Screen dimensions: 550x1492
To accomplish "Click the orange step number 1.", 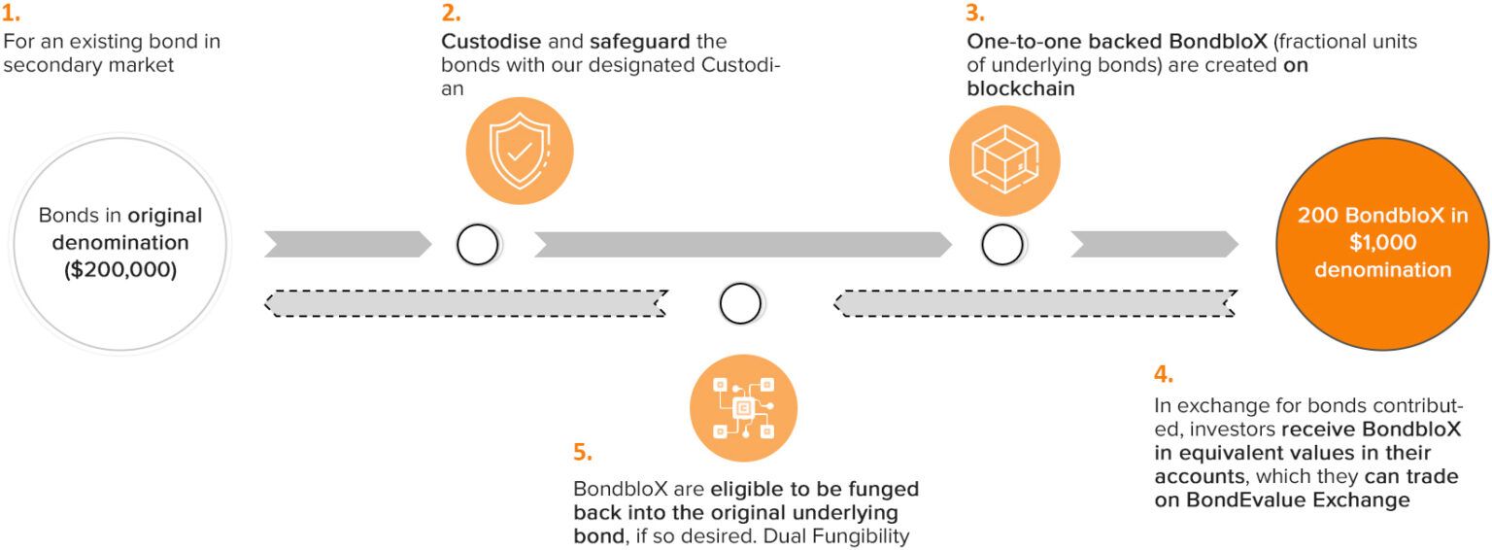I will [x=11, y=14].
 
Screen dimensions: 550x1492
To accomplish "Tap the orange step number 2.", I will [x=451, y=14].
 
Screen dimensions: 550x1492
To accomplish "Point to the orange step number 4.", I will [x=1164, y=375].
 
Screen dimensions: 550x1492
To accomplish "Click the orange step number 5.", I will [x=582, y=453].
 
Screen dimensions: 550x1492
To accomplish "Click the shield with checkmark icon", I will [x=519, y=152].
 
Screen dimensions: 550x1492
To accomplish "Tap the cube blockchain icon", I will [x=1004, y=159].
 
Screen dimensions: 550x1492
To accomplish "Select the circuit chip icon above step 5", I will [x=743, y=407].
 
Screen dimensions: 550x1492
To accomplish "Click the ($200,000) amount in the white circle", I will [x=120, y=270].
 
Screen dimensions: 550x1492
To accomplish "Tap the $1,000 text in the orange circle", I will [x=1382, y=243].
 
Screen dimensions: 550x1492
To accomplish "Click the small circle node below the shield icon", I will [x=477, y=245].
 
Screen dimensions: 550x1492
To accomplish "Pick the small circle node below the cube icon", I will [x=1001, y=245].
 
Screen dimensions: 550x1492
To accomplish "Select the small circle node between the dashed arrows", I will [x=740, y=304].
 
